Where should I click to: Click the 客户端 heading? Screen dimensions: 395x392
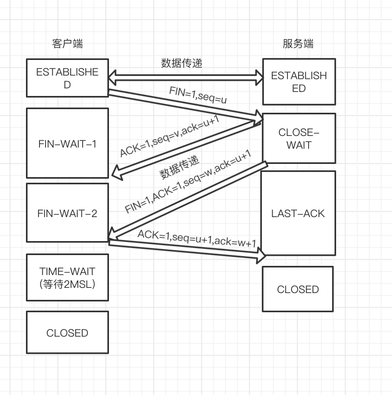[x=67, y=44]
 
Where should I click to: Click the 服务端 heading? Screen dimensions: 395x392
[x=298, y=44]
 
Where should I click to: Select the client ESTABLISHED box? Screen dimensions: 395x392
[x=67, y=78]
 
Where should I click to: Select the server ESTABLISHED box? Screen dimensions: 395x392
[x=299, y=82]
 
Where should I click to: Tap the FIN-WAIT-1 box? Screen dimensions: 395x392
[x=67, y=143]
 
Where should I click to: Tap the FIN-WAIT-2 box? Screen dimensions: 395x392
[x=67, y=213]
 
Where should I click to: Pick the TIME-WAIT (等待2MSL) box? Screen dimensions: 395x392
[x=67, y=277]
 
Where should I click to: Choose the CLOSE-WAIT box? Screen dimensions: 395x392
[x=299, y=138]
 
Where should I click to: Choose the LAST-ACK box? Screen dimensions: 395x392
[x=298, y=213]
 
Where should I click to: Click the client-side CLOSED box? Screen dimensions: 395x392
[x=67, y=333]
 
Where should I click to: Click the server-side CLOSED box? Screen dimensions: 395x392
[x=298, y=289]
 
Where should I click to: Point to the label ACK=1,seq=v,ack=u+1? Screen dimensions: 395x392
[x=170, y=138]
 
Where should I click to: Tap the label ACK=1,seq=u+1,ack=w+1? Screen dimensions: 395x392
[x=196, y=239]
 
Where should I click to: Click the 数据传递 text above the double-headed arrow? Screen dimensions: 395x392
[x=182, y=63]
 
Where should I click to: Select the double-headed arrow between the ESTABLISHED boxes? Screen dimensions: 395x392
[x=186, y=77]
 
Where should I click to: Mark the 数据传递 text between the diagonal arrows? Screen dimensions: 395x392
[x=180, y=167]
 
